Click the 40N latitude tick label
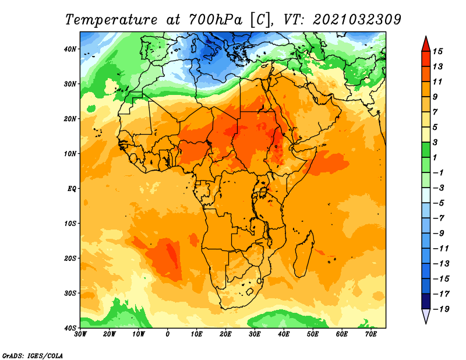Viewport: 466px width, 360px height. (70, 49)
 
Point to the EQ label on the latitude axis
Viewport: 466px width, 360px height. (72, 189)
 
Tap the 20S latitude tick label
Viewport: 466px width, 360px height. (70, 258)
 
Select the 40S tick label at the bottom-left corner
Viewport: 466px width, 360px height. (70, 328)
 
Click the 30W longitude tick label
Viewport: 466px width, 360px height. (80, 334)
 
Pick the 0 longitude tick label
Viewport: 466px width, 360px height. (168, 334)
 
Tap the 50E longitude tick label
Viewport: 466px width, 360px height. (313, 334)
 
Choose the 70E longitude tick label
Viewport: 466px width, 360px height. (371, 334)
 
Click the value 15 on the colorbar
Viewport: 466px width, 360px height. (437, 51)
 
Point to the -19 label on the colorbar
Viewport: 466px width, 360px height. (441, 309)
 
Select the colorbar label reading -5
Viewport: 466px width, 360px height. (439, 203)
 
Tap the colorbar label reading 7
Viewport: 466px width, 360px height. (435, 112)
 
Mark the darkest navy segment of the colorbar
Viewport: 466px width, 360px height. (426, 301)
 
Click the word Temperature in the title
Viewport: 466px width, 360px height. (111, 20)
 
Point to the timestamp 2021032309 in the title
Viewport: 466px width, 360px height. (357, 20)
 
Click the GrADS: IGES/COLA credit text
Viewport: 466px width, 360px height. (33, 356)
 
